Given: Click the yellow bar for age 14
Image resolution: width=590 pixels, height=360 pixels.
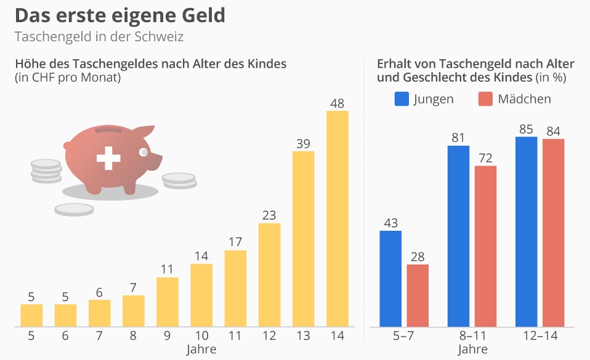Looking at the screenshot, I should coord(337,218).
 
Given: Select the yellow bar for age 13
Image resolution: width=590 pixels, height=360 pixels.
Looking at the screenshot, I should coord(303,239).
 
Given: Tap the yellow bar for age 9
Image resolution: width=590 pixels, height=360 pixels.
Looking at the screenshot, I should coord(168,302).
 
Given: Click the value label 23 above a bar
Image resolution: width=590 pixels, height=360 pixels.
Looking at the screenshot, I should coord(269,215).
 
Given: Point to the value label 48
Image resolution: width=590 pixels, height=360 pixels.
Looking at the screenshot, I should coord(337,103).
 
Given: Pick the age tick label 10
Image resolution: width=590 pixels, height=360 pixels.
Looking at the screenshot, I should coord(201,337).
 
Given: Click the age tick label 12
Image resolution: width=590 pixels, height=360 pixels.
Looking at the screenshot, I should coord(269,337).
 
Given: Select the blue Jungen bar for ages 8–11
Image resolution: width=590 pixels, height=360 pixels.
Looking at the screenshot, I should coord(458,236).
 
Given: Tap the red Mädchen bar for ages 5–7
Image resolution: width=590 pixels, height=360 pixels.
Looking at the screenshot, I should coord(418,295).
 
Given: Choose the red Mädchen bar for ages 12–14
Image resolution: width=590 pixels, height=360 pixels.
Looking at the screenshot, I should coord(553,233).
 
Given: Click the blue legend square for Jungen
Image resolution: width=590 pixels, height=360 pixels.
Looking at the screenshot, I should coord(402,99).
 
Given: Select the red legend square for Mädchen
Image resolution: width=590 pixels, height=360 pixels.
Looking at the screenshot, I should coord(485,99).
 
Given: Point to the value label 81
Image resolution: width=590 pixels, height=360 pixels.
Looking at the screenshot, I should coord(458,138).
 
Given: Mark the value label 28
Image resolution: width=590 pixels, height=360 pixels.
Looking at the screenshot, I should coord(418,257).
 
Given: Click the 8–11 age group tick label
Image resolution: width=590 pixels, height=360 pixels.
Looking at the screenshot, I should coord(472,337).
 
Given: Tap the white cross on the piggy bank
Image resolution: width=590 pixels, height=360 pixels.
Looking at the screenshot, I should coord(108,158).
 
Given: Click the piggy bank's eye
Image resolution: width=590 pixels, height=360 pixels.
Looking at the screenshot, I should coord(143,151).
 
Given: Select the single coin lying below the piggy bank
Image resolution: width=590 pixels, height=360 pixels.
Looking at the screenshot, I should coord(73,209).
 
